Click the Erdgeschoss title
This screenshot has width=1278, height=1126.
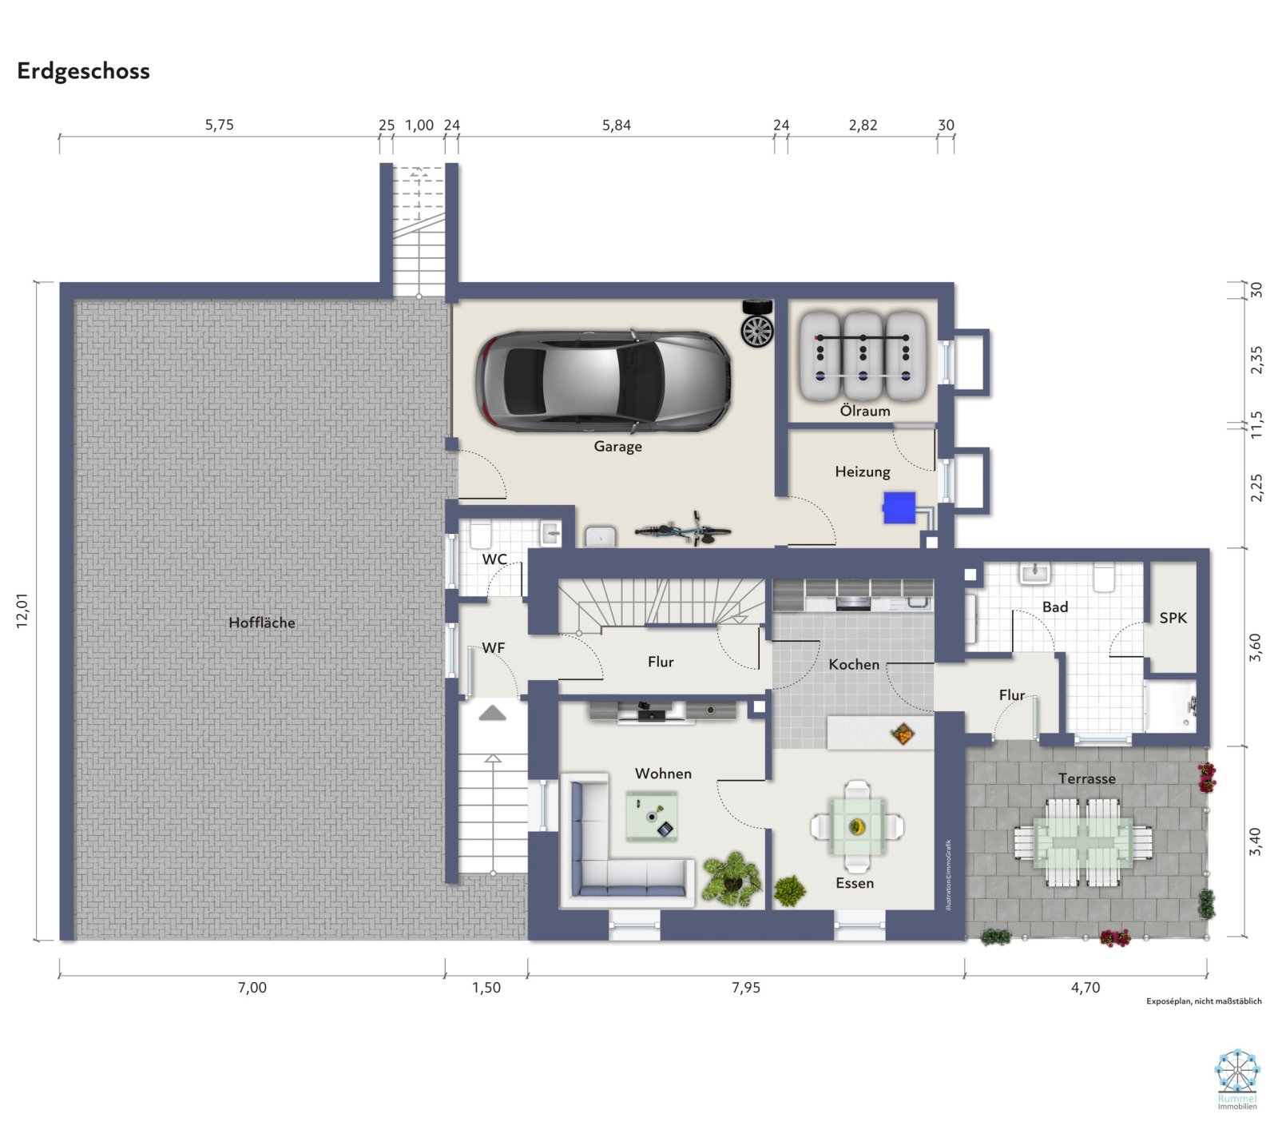83,71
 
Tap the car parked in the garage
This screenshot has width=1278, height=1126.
604,380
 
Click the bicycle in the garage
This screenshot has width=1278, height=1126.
683,529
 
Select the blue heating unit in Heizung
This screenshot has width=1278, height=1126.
899,507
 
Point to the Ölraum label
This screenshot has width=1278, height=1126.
865,411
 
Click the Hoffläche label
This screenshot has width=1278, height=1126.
262,623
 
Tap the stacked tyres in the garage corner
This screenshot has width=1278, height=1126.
757,324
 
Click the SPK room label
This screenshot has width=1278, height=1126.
1173,618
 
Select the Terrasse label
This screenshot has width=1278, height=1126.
1086,778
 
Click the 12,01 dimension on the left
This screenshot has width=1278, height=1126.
22,611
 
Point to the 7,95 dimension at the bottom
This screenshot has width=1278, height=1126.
746,988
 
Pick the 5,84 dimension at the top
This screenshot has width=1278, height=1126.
617,125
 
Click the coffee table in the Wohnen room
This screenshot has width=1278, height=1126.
653,816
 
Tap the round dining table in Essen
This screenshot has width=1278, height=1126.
857,826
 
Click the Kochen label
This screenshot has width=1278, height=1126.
854,664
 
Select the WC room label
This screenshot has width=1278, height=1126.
494,559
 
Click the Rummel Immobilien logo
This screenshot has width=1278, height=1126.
1237,1080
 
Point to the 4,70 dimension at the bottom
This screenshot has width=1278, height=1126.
1086,988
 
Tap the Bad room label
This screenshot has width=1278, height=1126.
1055,607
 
